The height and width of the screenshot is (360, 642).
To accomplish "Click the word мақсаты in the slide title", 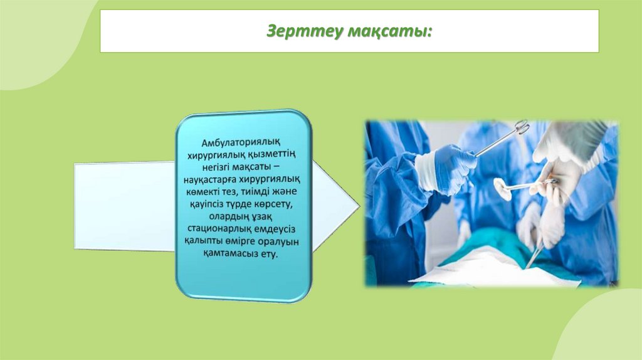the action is coord(389,31).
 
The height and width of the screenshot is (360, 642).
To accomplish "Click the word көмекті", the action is coord(201,192).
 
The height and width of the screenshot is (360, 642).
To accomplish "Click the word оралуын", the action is coord(280,241).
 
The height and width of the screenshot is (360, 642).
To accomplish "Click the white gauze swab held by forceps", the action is coord(502,188).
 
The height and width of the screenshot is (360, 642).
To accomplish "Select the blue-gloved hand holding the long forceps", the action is coord(446,168).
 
